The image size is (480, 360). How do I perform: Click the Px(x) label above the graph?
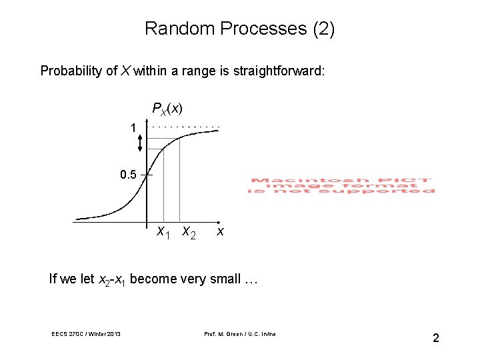167,108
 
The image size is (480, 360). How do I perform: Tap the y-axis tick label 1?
133,127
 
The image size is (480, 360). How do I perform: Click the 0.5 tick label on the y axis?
128,175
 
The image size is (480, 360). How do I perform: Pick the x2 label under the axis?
189,233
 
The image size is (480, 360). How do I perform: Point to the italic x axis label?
220,232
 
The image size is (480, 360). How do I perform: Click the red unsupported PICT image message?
342,185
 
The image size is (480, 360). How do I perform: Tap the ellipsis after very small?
250,279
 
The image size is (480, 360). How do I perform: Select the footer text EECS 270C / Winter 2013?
85,334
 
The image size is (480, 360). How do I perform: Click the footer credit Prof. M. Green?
238,334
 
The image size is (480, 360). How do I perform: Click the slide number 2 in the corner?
435,338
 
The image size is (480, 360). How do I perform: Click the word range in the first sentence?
200,71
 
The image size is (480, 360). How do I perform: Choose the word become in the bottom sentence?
151,279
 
